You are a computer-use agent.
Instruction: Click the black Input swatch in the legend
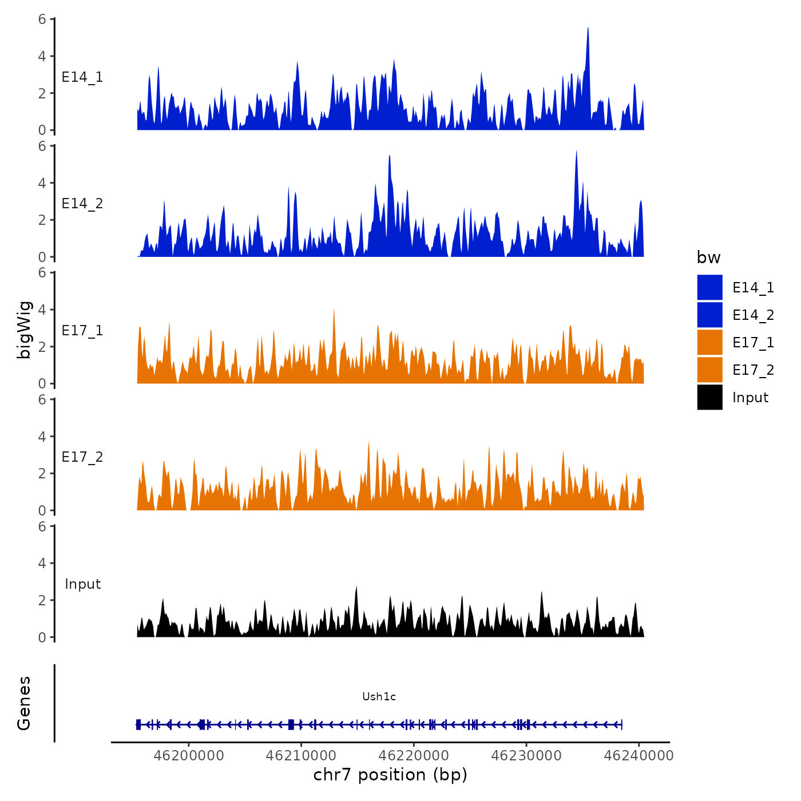coord(709,398)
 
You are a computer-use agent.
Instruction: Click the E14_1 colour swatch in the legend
coord(709,287)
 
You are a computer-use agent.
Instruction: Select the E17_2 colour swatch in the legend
coord(709,370)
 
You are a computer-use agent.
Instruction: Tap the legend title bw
coord(708,257)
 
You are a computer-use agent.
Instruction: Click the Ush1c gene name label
coord(379,696)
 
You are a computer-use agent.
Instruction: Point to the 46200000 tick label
coord(189,755)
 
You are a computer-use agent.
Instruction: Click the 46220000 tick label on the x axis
coord(414,755)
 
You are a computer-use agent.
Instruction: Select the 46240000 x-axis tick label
coord(639,755)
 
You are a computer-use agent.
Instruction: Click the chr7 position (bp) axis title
coord(390,775)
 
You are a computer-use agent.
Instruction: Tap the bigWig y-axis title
coord(24,330)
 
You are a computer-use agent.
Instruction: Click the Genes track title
coord(24,703)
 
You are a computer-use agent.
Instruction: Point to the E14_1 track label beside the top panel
coord(82,77)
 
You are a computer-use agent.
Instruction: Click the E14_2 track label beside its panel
coord(82,204)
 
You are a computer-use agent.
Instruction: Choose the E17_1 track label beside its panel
coord(82,331)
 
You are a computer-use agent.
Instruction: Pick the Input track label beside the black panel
coord(82,584)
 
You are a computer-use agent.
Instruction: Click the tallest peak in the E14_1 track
coord(588,29)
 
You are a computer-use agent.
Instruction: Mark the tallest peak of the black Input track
coord(356,588)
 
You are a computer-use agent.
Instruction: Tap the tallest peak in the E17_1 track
coord(334,311)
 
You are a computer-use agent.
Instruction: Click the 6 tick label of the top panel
coord(42,19)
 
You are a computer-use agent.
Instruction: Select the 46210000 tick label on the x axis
coord(302,755)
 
